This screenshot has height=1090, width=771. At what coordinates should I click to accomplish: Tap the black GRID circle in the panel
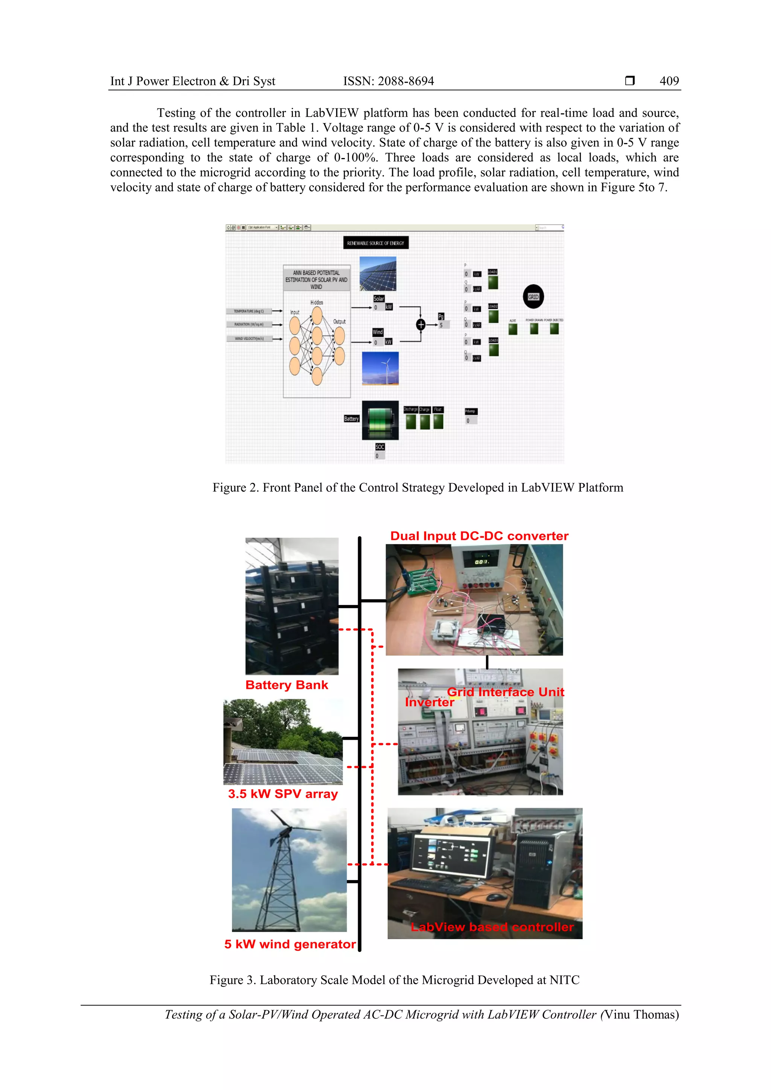533,297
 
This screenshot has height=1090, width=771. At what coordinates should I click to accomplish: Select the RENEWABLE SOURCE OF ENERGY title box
375,243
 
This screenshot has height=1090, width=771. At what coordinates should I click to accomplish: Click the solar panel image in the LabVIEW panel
378,274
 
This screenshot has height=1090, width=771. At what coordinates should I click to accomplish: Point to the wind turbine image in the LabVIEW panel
380,368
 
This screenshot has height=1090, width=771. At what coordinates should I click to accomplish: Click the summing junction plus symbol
421,324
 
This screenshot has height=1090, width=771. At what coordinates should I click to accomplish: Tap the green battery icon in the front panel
380,420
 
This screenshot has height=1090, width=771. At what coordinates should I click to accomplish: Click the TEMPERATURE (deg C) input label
249,311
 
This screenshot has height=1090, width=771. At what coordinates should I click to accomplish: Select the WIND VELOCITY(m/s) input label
249,339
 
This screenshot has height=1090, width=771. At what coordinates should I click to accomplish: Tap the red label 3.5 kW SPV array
283,794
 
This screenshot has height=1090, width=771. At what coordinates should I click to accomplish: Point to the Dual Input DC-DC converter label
479,536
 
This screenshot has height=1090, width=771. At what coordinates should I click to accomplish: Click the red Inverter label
429,702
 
